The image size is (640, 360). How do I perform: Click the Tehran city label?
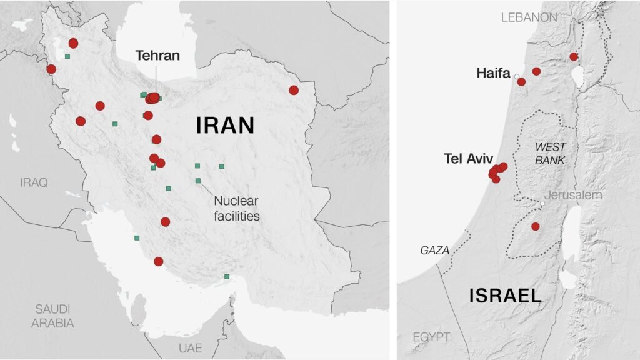(x=157, y=56)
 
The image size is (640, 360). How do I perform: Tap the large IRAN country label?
(x=226, y=126)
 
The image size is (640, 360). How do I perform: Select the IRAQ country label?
(x=34, y=182)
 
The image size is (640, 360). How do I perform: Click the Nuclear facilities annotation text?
(x=236, y=209)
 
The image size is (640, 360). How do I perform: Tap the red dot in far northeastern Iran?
(x=294, y=90)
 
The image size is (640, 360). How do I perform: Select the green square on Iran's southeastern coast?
(x=227, y=277)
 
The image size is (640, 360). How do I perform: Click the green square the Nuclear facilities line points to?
(x=198, y=181)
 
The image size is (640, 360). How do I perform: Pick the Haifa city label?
(x=494, y=73)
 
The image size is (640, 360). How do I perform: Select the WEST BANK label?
(x=550, y=153)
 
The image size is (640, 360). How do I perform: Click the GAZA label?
(x=434, y=250)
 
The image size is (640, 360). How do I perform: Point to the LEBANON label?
(x=529, y=17)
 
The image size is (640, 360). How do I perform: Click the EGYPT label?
(x=431, y=337)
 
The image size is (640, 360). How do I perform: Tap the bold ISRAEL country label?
(x=506, y=295)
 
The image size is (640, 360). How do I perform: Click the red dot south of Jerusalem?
(x=536, y=226)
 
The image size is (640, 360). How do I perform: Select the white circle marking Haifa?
(x=517, y=76)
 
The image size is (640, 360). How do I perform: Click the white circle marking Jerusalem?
(x=542, y=204)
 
